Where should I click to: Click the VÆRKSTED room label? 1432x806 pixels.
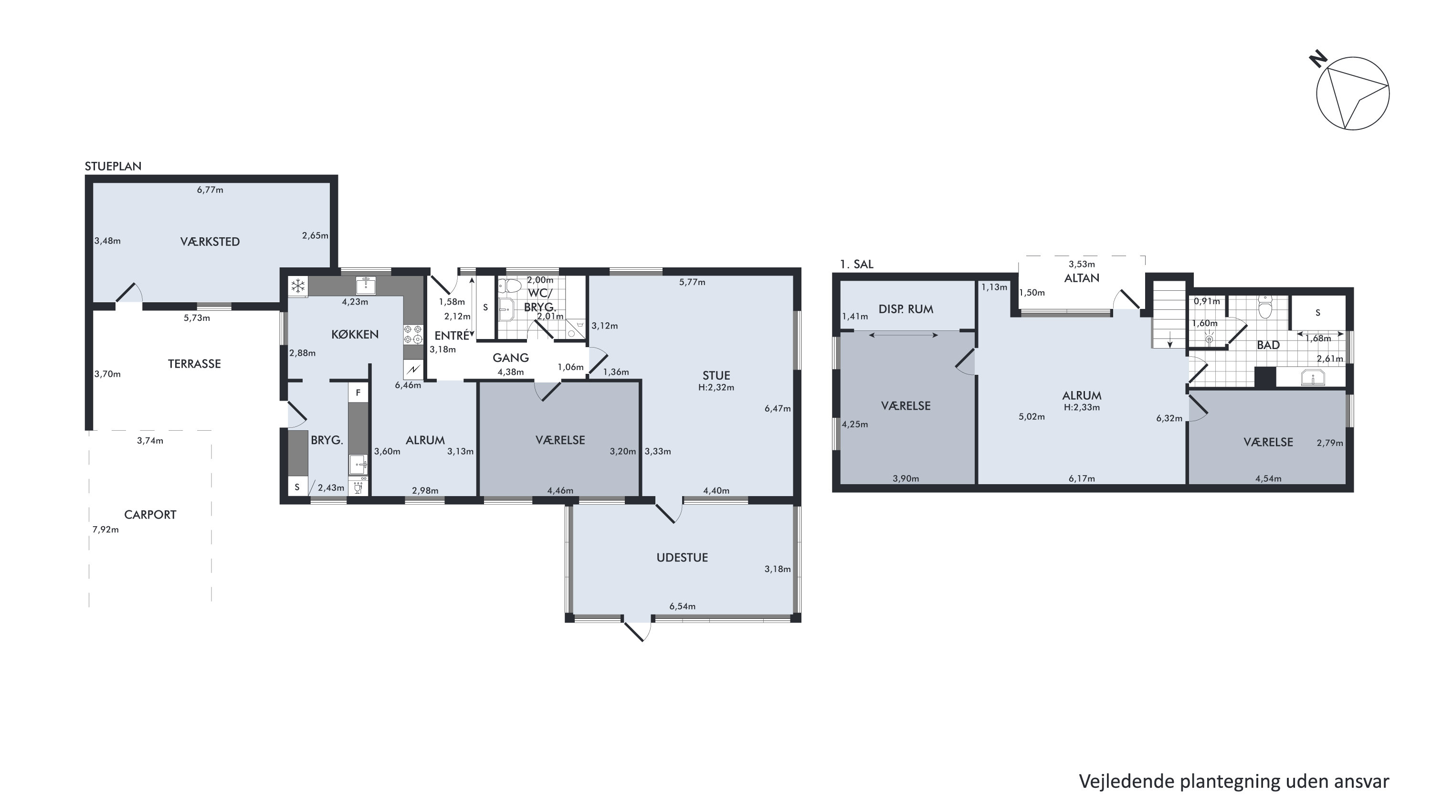tap(210, 242)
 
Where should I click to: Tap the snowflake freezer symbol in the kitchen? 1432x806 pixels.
tap(298, 286)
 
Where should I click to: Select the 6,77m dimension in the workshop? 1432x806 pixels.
tap(210, 190)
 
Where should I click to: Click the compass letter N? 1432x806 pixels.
tap(1318, 58)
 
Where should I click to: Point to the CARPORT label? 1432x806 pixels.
tap(150, 515)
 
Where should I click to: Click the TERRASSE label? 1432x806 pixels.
tap(195, 364)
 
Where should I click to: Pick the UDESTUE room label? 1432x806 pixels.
tap(682, 558)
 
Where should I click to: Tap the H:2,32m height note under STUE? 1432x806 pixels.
tap(716, 388)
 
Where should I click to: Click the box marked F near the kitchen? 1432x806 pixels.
tap(358, 392)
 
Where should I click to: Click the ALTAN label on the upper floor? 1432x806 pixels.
tap(1082, 278)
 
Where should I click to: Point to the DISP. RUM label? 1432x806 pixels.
tap(906, 309)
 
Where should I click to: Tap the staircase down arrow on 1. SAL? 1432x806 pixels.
tap(1169, 339)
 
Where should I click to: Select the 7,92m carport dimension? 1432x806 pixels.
tap(105, 530)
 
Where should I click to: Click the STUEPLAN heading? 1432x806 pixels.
tap(113, 166)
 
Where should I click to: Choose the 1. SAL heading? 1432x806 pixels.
tap(857, 264)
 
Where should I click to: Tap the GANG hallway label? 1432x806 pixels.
tap(510, 358)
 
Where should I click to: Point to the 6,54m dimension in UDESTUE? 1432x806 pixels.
tap(682, 606)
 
